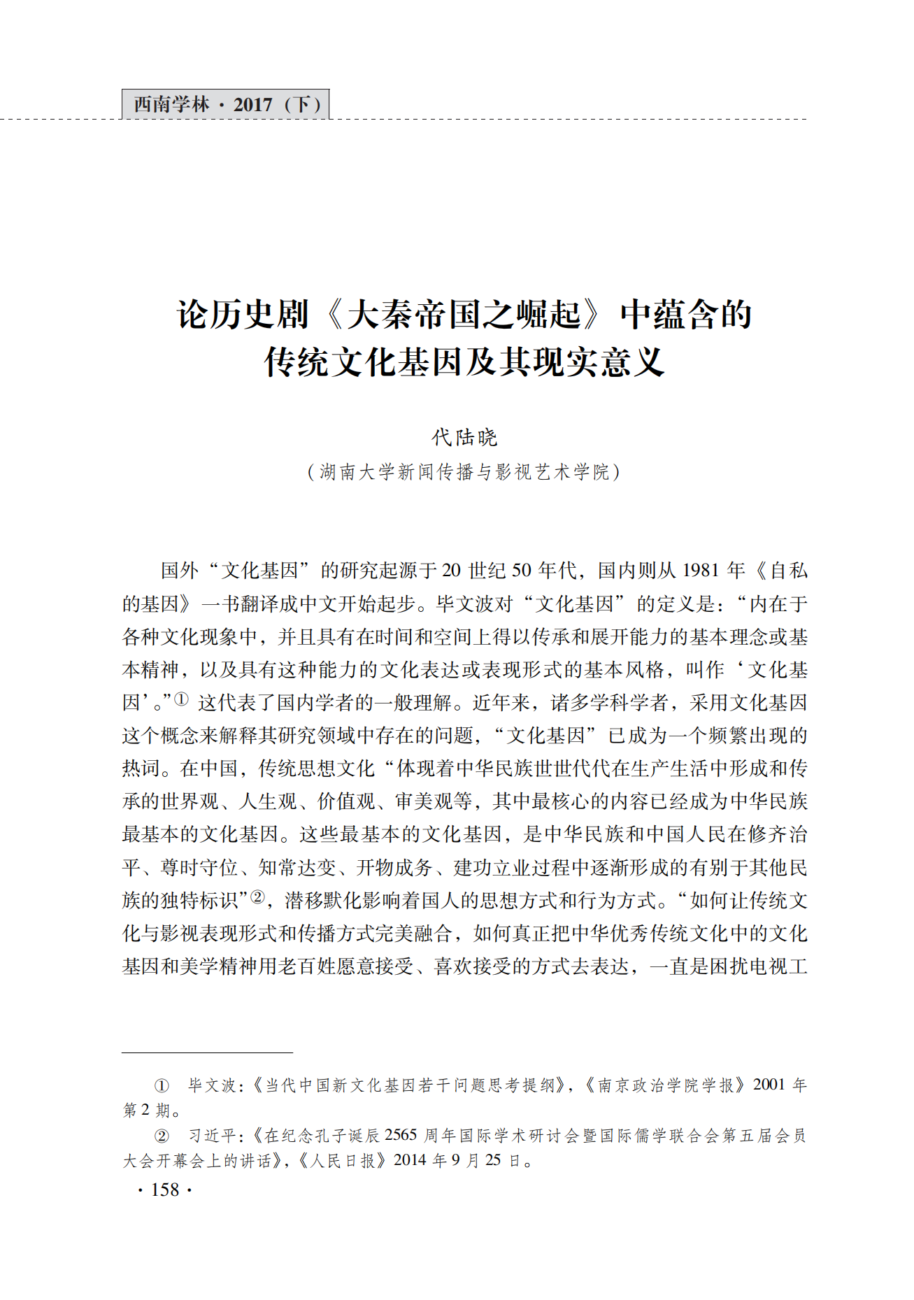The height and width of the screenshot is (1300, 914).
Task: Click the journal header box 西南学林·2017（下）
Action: pos(226,105)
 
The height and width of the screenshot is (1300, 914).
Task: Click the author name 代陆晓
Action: pos(464,438)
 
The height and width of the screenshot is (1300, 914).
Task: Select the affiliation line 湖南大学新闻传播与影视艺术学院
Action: pos(464,473)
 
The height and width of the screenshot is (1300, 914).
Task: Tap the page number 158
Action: pos(165,1190)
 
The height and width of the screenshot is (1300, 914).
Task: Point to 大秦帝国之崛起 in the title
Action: pos(464,315)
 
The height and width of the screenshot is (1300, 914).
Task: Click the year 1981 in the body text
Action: pos(701,571)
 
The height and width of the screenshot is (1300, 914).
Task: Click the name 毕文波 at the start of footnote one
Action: pos(213,1085)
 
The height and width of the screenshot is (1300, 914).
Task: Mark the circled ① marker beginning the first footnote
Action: pos(162,1085)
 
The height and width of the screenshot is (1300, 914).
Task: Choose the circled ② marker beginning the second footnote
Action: pos(162,1136)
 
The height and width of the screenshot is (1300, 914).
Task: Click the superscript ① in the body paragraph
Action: pos(181,699)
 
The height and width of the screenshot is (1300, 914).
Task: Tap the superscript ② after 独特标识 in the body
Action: pos(258,897)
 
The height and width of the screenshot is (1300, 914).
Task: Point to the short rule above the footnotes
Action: pos(207,1052)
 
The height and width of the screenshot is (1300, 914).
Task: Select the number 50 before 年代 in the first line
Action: pos(522,571)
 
